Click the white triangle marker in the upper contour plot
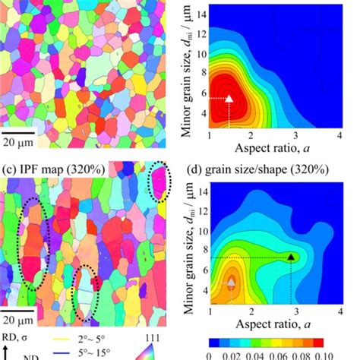[231, 98]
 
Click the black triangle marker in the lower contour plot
[290, 257]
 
